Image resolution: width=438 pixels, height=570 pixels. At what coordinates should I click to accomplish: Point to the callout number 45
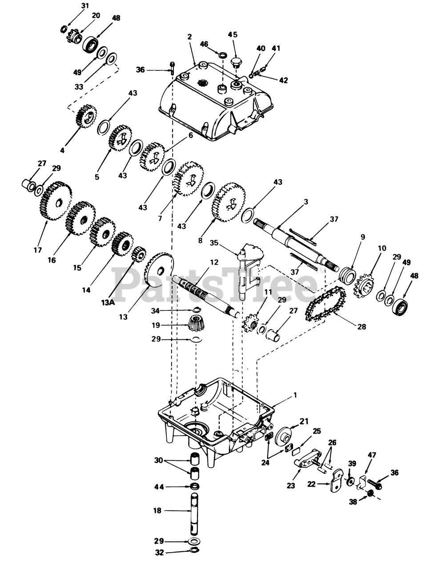233,35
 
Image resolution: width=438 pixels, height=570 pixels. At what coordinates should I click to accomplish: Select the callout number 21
304,421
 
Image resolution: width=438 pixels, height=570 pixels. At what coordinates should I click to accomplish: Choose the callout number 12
214,262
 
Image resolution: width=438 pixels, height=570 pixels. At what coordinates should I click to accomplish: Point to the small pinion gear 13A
139,255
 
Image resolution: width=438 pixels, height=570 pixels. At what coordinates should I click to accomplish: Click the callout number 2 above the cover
189,37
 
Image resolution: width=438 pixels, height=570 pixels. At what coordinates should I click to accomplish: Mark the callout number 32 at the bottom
159,553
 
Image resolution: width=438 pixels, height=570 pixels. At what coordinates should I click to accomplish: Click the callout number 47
372,455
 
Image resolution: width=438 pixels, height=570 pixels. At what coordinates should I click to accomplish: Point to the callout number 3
305,202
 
